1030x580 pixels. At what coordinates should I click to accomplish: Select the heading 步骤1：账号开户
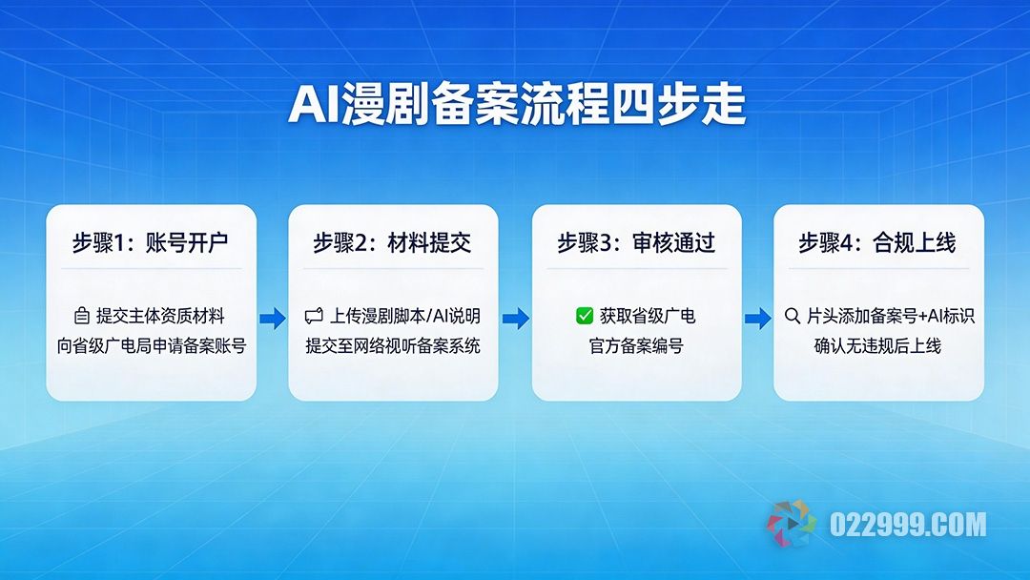click(151, 243)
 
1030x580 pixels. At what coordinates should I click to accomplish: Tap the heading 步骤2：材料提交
click(392, 243)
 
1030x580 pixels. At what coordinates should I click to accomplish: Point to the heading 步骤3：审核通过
click(636, 243)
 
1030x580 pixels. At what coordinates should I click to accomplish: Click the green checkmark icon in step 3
click(585, 316)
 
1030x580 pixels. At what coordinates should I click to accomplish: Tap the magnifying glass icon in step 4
click(792, 316)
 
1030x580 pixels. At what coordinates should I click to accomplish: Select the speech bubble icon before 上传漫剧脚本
click(314, 316)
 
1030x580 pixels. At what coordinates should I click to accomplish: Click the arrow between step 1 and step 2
click(272, 319)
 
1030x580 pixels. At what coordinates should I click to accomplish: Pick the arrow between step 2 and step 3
click(515, 319)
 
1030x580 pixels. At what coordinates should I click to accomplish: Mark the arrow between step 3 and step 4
click(757, 319)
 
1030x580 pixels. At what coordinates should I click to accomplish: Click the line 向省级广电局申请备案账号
click(152, 346)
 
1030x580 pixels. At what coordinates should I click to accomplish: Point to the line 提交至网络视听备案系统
click(393, 346)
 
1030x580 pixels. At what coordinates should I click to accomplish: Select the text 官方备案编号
click(636, 346)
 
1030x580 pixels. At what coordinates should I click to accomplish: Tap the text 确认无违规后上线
click(877, 346)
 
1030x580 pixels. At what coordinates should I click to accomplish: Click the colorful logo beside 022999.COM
click(792, 524)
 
